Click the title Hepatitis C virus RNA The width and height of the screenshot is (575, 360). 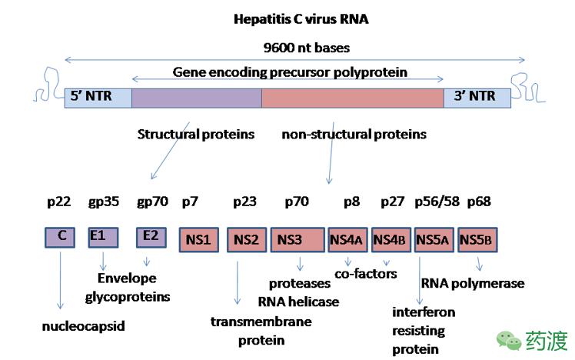301,19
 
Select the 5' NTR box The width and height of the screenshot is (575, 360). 98,97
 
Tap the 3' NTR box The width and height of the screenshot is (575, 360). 477,97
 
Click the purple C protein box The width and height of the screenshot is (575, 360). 61,237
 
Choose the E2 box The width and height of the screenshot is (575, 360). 150,237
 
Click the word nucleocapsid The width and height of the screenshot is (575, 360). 83,326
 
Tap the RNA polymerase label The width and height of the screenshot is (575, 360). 472,283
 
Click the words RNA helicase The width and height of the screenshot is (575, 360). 298,302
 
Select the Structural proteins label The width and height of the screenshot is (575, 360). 195,135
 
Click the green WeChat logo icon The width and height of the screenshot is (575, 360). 507,339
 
